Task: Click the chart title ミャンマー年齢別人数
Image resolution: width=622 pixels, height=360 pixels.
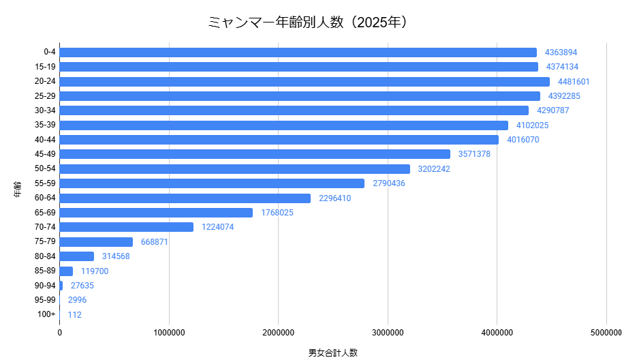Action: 311,22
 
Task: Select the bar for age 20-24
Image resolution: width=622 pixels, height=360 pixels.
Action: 305,82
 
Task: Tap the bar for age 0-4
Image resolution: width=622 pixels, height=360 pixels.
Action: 298,52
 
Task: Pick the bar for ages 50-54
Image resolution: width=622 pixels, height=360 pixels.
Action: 235,169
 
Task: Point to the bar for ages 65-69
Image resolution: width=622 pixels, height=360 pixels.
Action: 156,213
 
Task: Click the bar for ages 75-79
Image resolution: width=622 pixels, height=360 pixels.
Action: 96,242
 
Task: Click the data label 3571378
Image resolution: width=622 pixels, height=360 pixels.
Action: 474,154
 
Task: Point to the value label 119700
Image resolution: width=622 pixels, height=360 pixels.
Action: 95,271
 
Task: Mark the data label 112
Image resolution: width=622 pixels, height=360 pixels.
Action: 75,315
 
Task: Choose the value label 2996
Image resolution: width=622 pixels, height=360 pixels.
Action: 77,300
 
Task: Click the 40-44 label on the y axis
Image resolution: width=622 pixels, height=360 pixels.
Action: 45,140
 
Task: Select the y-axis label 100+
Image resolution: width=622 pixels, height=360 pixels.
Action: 47,315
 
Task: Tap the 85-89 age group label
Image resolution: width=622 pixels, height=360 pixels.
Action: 45,271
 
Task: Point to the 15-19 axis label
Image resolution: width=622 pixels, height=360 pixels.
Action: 45,67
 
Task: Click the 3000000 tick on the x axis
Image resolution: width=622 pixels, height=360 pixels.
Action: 388,333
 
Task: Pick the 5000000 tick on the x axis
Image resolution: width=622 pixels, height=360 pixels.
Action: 605,333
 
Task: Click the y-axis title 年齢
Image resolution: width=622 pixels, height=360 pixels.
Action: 16,189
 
